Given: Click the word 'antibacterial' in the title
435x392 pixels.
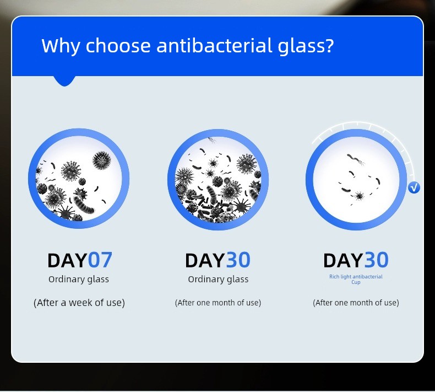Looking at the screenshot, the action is pos(214,46).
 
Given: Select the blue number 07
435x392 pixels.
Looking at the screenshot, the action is pos(100,260).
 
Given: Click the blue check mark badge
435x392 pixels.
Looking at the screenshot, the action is pos(414,187).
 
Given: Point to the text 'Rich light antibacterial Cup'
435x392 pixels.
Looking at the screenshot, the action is pos(356,279).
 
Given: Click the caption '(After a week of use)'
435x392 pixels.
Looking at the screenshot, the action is pos(79,303).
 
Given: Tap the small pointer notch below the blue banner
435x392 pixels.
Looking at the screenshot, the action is pos(64,80).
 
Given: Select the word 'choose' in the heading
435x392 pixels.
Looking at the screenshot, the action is pos(118,46).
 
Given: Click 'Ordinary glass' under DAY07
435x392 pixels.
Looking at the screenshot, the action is pos(79,280).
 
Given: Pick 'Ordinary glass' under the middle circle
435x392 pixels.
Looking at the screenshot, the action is pos(219,280).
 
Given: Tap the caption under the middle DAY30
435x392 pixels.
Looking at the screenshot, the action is pos(218,303).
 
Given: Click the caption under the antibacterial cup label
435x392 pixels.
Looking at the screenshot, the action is pos(356,303).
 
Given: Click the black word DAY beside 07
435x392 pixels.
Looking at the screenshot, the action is pos(68,260).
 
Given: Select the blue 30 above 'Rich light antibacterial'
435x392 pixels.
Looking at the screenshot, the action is pos(376,260).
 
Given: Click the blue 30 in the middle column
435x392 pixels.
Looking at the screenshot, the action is pos(238,260).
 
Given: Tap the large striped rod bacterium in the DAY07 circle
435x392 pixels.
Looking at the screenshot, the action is pos(84,205).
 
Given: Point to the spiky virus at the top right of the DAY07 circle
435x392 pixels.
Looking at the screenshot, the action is pos(101,160).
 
